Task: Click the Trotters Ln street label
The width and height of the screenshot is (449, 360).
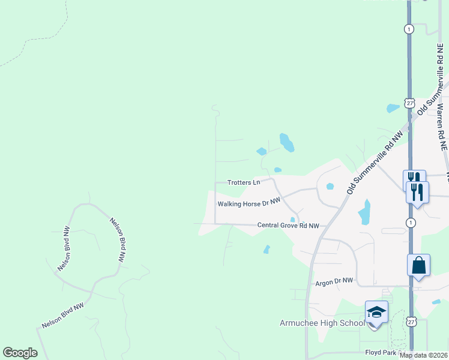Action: (244, 182)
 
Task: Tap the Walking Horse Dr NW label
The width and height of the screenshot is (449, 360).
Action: (249, 203)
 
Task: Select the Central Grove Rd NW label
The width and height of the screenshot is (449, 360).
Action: (288, 226)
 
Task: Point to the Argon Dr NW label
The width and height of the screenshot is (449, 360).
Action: (334, 281)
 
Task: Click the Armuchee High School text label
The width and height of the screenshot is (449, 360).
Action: (322, 323)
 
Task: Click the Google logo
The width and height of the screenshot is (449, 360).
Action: (20, 353)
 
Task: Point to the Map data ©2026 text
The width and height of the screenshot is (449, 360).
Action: (423, 355)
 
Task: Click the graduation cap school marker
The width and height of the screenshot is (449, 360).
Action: (376, 312)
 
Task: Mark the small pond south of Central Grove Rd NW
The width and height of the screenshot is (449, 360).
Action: (267, 248)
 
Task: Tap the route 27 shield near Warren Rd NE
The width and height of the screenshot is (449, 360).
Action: (409, 103)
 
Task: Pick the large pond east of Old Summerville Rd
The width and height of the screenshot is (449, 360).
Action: (364, 212)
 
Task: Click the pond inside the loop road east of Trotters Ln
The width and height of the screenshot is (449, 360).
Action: (330, 186)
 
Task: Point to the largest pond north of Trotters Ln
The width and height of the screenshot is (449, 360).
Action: (286, 143)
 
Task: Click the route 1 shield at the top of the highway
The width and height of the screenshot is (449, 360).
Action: (409, 29)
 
